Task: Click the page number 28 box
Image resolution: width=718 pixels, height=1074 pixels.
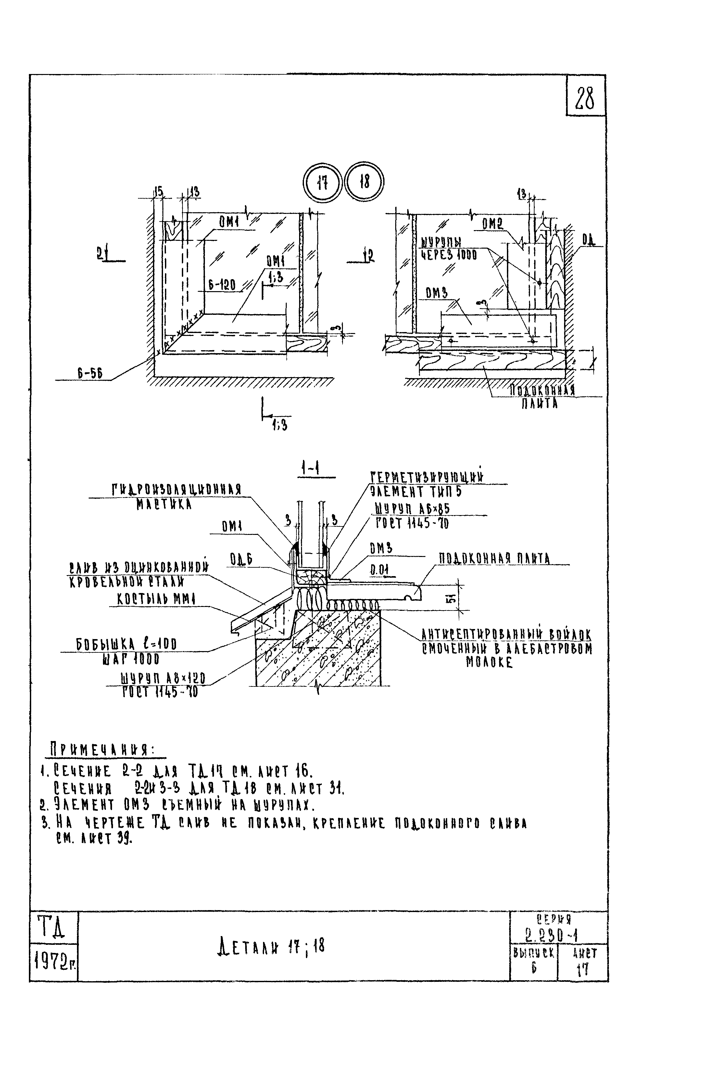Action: pos(586,97)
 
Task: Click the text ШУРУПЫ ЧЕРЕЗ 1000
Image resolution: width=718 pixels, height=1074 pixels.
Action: pos(449,249)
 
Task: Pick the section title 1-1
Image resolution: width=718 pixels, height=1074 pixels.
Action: pos(310,469)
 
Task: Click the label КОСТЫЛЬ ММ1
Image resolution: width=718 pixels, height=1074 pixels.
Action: pos(153,599)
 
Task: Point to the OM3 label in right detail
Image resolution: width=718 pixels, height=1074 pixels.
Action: pos(436,293)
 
